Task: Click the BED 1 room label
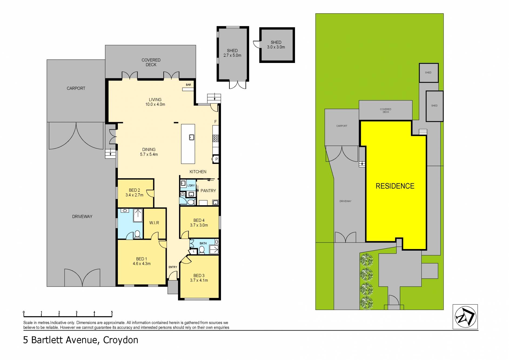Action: tap(142, 259)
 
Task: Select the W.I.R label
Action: tap(154, 223)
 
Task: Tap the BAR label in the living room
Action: tap(188, 85)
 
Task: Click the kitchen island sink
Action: tap(192, 137)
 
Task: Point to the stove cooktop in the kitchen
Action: tap(216, 139)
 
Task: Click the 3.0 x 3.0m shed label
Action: tap(276, 47)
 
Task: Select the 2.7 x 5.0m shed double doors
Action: tap(237, 85)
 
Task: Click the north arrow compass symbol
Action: tap(465, 317)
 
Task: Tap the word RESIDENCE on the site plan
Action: tap(395, 186)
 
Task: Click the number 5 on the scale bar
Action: tap(112, 312)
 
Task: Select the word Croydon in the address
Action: tap(120, 340)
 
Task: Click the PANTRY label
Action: tap(208, 191)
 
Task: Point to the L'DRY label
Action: tap(191, 186)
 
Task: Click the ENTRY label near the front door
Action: tap(173, 267)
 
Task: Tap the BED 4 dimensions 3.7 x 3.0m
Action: tap(199, 225)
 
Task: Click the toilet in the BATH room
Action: tap(202, 250)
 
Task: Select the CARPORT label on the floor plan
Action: tap(76, 88)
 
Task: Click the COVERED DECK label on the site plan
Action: tap(386, 111)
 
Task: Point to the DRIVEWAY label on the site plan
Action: tap(345, 201)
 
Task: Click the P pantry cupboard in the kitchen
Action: tap(216, 159)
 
